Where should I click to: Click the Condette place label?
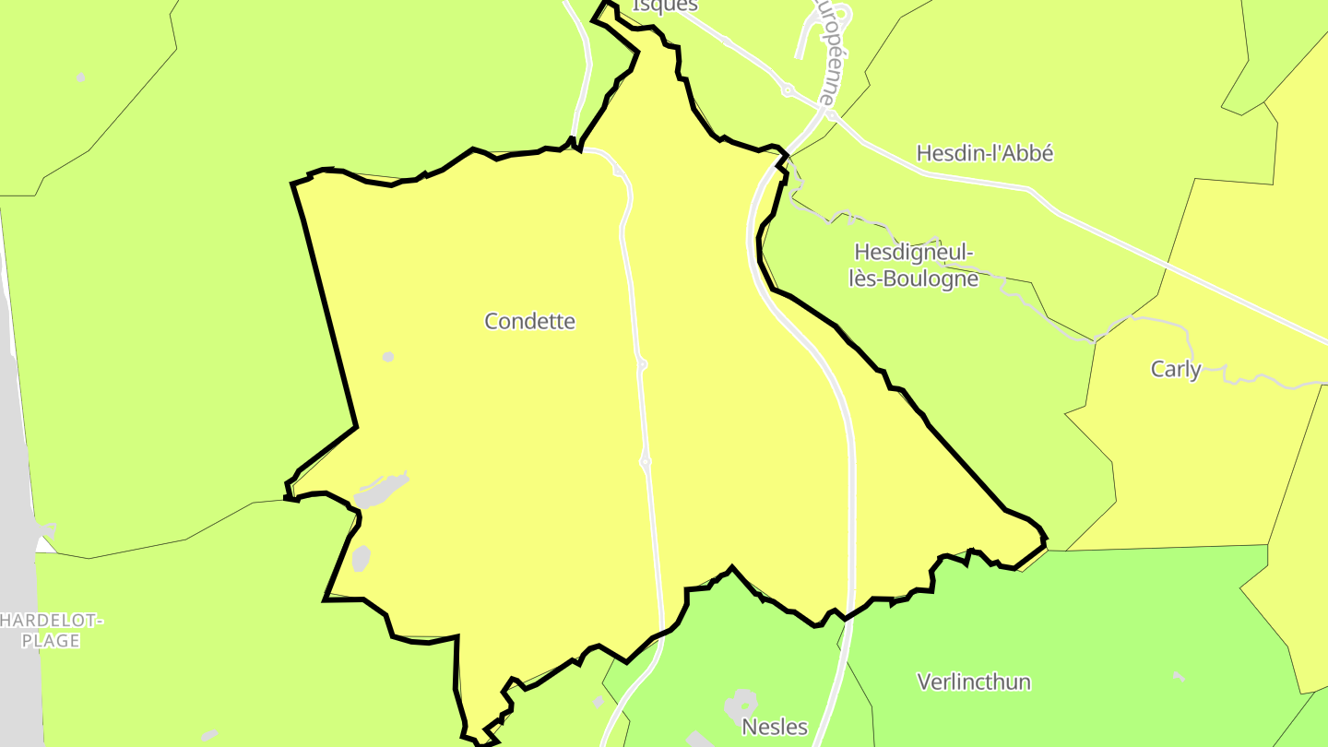pyautogui.click(x=529, y=321)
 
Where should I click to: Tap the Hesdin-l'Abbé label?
pyautogui.click(x=984, y=153)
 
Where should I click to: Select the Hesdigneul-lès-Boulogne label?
pyautogui.click(x=913, y=265)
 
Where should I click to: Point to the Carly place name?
pyautogui.click(x=1175, y=370)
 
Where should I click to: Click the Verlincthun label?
pyautogui.click(x=973, y=682)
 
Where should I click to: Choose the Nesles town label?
pyautogui.click(x=775, y=727)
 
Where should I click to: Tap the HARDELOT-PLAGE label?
pyautogui.click(x=51, y=631)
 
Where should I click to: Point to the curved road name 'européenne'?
pyautogui.click(x=827, y=51)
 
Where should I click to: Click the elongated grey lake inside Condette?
pyautogui.click(x=381, y=492)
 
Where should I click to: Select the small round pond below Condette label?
pyautogui.click(x=388, y=357)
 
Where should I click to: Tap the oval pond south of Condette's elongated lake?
pyautogui.click(x=361, y=558)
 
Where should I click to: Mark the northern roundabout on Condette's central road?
pyautogui.click(x=642, y=365)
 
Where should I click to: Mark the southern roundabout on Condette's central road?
pyautogui.click(x=646, y=461)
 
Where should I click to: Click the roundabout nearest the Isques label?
pyautogui.click(x=788, y=90)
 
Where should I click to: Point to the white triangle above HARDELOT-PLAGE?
pyautogui.click(x=44, y=544)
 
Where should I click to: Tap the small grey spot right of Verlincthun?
pyautogui.click(x=1179, y=677)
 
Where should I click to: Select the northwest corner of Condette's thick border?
pyautogui.click(x=293, y=184)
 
